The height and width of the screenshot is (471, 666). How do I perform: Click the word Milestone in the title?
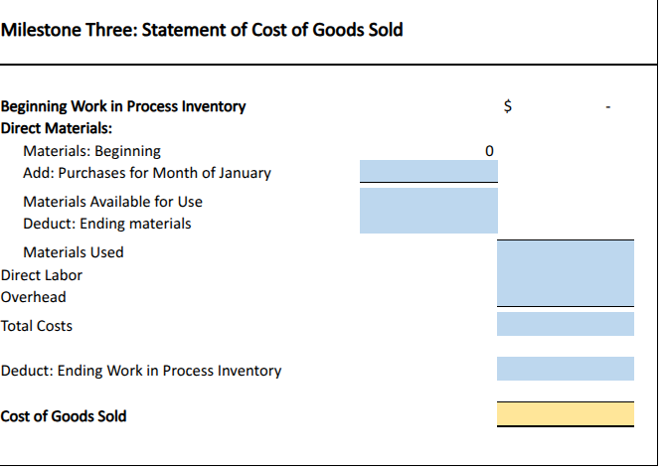[37, 29]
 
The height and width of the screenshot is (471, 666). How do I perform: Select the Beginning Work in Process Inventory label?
[123, 106]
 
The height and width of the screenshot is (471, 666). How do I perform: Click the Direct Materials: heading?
[57, 128]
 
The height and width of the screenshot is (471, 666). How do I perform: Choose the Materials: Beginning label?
[91, 151]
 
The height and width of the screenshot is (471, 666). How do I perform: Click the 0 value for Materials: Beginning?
[488, 151]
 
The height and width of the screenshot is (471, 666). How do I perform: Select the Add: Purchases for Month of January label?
[146, 173]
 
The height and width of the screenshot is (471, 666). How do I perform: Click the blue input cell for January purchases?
[428, 172]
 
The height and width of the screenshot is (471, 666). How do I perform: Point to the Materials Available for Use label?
[112, 202]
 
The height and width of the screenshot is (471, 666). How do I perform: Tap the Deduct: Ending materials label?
[106, 224]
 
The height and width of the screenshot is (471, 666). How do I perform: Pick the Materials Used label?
[74, 252]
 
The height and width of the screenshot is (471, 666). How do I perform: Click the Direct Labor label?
[42, 275]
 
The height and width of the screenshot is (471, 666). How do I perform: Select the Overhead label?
[34, 297]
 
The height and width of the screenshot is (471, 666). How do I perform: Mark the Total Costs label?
[37, 326]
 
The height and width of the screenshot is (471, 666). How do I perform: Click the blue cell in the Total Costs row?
[565, 324]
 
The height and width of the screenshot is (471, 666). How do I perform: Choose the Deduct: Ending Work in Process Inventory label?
[141, 371]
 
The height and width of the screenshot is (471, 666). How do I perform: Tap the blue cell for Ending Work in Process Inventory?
[565, 369]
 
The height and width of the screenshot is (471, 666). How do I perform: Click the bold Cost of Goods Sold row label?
[64, 416]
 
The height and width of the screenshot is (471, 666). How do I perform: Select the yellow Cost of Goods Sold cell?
[565, 414]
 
